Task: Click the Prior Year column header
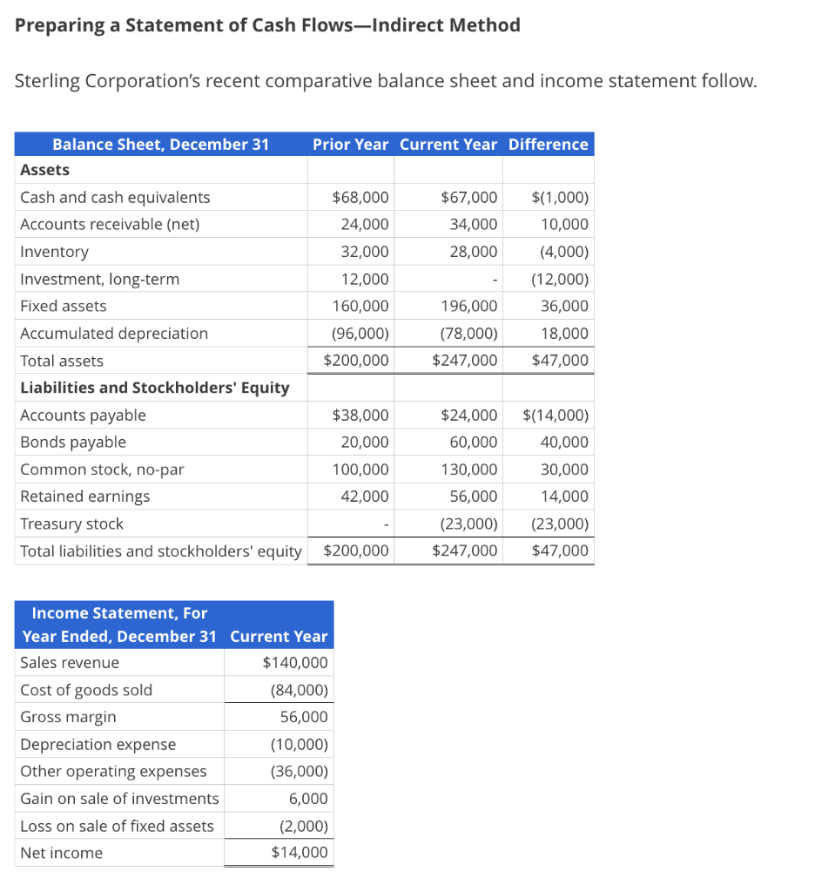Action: (x=350, y=145)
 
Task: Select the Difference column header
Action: (x=548, y=145)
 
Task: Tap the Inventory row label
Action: (x=54, y=252)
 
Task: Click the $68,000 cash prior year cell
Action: (x=360, y=198)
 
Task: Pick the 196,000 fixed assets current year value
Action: (x=469, y=306)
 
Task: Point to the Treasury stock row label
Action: (x=71, y=524)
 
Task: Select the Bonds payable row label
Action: (x=73, y=443)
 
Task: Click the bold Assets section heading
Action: (x=44, y=170)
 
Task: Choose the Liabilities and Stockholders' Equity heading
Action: (x=154, y=388)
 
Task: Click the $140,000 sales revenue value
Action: (x=295, y=663)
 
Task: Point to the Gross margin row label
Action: (x=68, y=717)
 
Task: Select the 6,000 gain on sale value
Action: (x=309, y=799)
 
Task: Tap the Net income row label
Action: (x=61, y=853)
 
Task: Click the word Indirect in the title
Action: (x=403, y=25)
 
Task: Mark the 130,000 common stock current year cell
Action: (x=469, y=470)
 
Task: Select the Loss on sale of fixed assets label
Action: (x=117, y=826)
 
